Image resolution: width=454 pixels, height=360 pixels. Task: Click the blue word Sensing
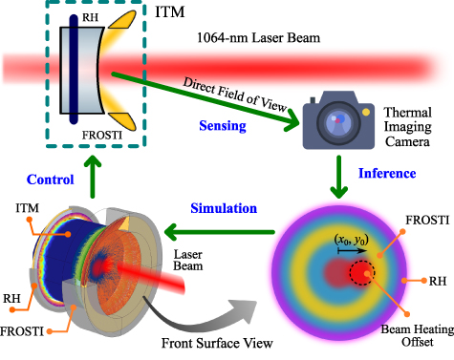[x=223, y=126]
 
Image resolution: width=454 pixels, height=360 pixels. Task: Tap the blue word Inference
[x=387, y=174]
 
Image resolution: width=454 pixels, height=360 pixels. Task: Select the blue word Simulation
[x=224, y=208]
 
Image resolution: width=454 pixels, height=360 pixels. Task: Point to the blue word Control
[x=51, y=180]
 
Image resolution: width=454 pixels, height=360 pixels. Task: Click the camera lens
[x=338, y=122]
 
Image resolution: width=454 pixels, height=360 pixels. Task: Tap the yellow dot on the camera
[x=366, y=112]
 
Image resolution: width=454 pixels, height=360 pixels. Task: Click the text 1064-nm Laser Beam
[x=258, y=38]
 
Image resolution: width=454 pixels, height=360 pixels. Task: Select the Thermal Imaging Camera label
[x=407, y=127]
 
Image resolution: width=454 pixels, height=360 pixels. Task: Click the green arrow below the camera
[x=338, y=177]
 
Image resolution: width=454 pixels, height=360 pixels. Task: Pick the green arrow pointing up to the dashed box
[x=93, y=177]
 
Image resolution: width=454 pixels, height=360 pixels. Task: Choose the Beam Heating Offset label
[x=418, y=336]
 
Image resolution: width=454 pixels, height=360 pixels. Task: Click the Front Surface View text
[x=217, y=344]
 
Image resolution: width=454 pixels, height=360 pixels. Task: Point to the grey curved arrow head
[x=244, y=311]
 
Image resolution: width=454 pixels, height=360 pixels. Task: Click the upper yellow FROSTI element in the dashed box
[x=123, y=20]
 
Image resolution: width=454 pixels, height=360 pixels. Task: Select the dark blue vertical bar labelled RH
[x=74, y=69]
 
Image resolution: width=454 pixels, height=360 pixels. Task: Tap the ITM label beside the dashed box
[x=170, y=12]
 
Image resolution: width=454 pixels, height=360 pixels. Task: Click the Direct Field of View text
[x=235, y=95]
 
